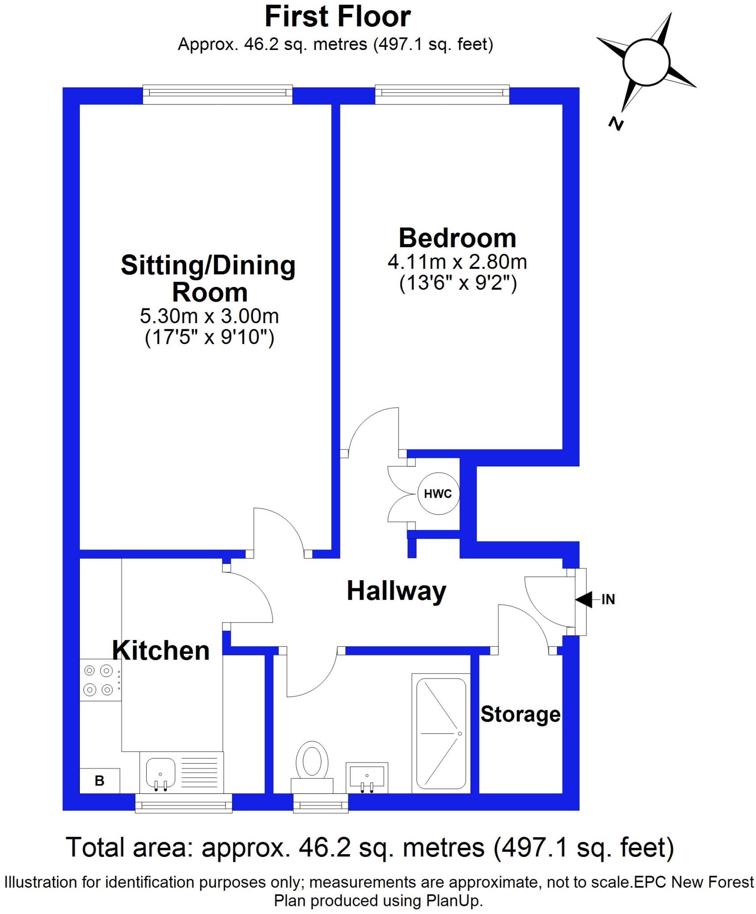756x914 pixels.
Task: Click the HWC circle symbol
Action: pos(438,494)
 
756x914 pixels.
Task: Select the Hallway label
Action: pos(397,591)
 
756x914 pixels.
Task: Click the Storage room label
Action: pos(520,714)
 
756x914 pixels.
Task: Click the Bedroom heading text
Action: pos(457,238)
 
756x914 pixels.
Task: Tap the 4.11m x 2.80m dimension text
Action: pos(457,262)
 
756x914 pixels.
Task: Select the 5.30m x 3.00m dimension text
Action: pos(209,316)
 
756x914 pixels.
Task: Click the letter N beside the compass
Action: pos(616,124)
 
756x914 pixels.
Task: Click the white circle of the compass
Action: pos(646,62)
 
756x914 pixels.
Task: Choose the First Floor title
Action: pos(337,17)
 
